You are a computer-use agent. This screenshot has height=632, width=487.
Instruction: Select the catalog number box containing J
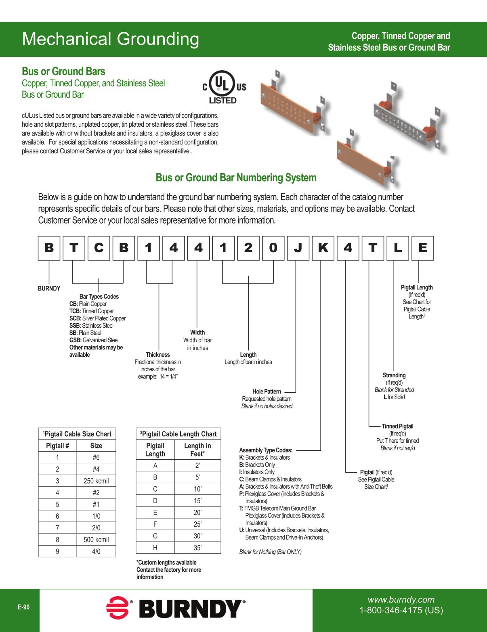(298, 248)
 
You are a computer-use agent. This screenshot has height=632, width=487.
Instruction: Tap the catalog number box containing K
(323, 248)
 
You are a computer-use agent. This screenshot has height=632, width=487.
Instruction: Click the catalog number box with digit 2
(248, 248)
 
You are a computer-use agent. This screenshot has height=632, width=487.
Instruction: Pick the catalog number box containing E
(422, 248)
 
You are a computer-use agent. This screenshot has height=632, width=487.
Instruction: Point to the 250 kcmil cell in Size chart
(96, 481)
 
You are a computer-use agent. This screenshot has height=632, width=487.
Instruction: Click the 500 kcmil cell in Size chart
(96, 540)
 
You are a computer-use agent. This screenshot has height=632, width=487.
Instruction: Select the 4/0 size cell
(96, 551)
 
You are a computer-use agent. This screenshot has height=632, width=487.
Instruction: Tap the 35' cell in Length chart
(197, 548)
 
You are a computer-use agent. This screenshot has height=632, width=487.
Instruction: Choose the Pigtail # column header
(57, 446)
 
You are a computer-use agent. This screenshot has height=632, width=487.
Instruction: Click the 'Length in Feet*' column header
(197, 450)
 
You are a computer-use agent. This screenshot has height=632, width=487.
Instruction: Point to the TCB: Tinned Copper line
(92, 311)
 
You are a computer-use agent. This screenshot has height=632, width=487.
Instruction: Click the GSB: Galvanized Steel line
(94, 340)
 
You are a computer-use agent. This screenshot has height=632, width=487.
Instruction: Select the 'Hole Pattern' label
(267, 391)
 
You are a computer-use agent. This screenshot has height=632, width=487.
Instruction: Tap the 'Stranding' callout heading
(394, 375)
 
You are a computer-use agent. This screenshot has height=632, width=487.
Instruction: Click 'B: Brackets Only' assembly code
(257, 465)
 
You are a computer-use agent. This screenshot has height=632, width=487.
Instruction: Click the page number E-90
(23, 607)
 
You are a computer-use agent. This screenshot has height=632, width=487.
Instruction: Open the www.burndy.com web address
(401, 600)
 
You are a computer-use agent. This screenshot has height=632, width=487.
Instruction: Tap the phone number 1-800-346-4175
(401, 610)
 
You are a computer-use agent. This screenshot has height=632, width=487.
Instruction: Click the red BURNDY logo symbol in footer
(118, 608)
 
